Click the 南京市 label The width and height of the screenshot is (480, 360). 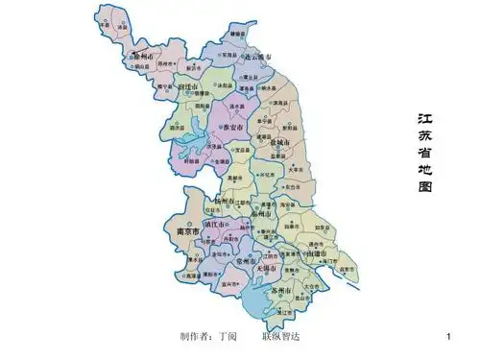click(181, 232)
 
